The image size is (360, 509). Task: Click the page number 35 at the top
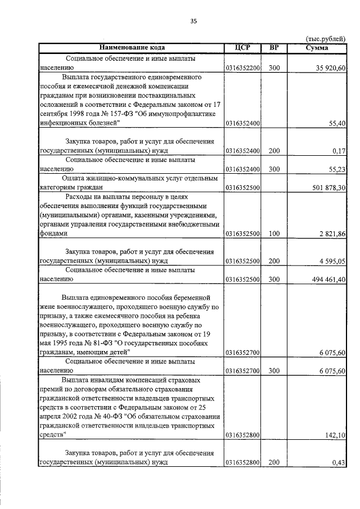(193, 21)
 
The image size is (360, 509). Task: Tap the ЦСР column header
(244, 48)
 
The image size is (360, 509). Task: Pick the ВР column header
(274, 48)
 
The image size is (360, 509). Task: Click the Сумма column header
(317, 48)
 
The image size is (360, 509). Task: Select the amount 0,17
(339, 150)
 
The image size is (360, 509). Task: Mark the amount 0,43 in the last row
(339, 462)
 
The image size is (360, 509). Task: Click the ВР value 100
(274, 233)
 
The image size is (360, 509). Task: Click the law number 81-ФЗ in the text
(88, 343)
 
